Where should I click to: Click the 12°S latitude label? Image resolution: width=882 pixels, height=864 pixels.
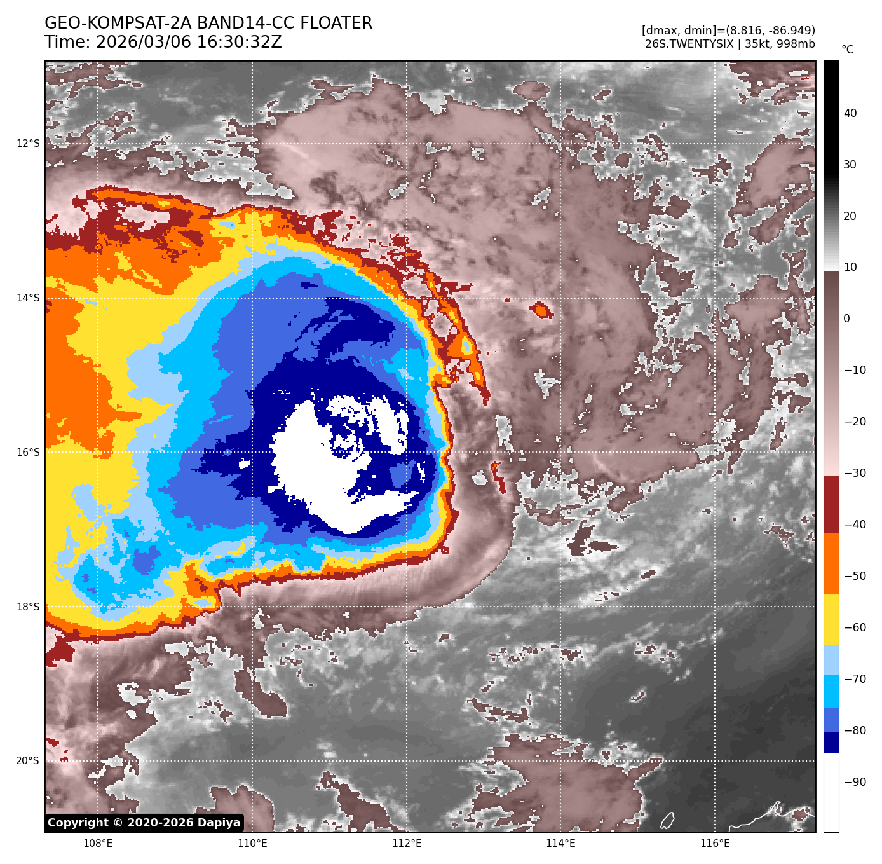pos(28,144)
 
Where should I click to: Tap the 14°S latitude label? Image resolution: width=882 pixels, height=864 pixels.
pos(28,298)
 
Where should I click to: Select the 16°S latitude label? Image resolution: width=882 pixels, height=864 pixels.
pos(28,453)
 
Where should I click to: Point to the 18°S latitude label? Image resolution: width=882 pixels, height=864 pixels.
pos(28,607)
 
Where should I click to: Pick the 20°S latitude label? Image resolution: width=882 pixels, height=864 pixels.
pos(28,761)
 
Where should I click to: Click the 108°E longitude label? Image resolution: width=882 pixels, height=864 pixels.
pos(98,844)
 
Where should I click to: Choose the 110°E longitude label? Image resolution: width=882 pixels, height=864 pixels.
pos(252,844)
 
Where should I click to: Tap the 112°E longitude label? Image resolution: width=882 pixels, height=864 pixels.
pos(407,844)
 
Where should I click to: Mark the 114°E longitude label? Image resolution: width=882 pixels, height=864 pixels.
pos(561,844)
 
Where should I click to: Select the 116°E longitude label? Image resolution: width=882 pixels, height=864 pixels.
pos(715,844)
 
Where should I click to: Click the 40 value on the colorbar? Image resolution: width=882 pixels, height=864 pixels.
pos(850,113)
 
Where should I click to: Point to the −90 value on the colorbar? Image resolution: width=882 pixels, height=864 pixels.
pos(855,782)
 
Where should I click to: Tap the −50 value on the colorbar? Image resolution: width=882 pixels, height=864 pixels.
pos(855,576)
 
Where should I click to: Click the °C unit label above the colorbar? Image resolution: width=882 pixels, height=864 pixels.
pos(848,50)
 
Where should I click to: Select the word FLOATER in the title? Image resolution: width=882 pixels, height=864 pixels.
pos(336,24)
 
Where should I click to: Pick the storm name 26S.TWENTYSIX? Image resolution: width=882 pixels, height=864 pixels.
pos(689,44)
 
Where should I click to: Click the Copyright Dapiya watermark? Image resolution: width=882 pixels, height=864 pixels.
pos(144,823)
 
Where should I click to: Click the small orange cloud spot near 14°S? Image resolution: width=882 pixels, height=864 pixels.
pos(541,310)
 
